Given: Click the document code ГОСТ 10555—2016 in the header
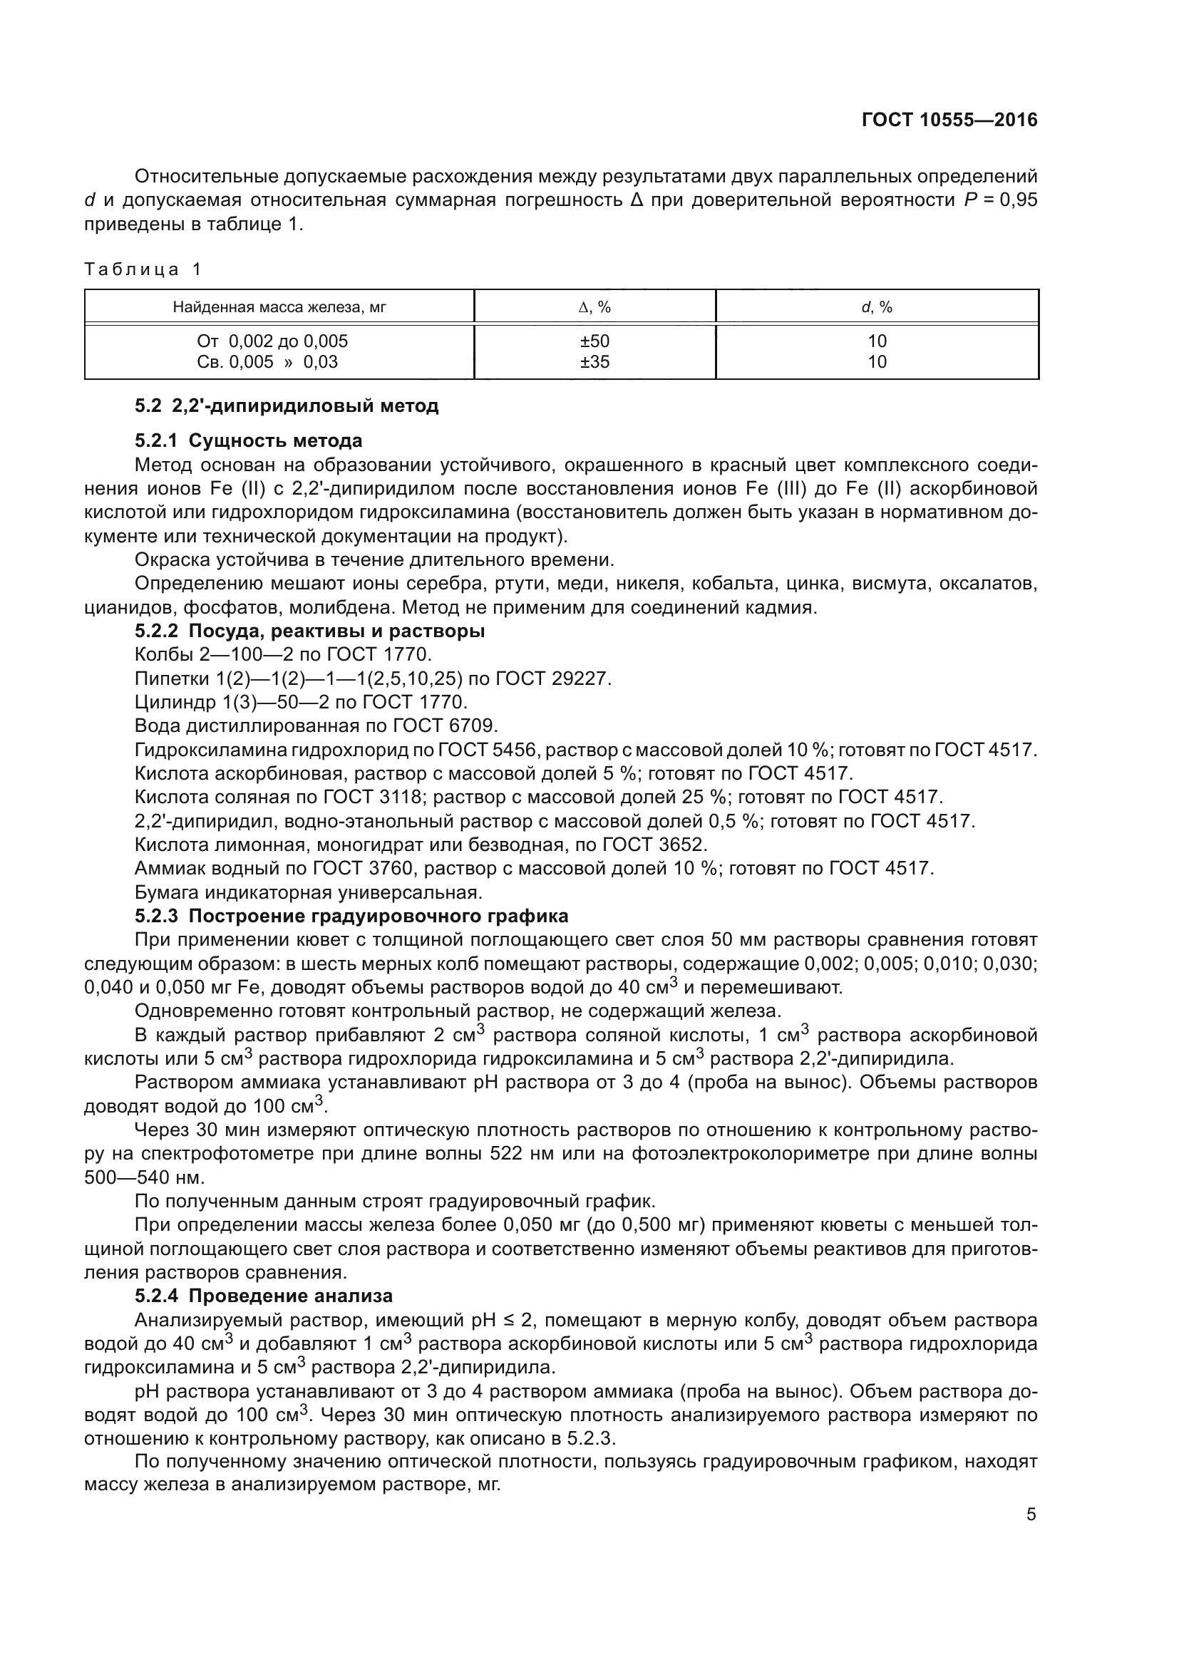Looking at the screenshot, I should click(949, 120).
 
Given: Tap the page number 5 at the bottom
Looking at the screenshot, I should click(1031, 1549).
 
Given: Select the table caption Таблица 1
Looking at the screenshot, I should click(143, 269).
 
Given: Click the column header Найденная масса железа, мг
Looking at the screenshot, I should click(279, 307).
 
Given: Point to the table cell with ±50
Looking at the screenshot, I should click(594, 341).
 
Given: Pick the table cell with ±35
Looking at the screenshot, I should click(594, 361).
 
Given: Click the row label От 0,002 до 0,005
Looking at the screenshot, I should click(272, 341).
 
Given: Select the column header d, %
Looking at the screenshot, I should click(877, 307).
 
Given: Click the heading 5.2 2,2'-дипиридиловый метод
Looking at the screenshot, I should click(287, 406).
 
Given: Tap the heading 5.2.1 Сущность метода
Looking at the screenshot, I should click(248, 440).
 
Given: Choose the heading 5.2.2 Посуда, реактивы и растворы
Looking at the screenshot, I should click(310, 631).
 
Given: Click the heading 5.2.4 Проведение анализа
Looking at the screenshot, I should click(264, 1296).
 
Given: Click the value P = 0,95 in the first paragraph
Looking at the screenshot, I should click(1000, 200).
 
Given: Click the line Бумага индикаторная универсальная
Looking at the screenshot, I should click(309, 892).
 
